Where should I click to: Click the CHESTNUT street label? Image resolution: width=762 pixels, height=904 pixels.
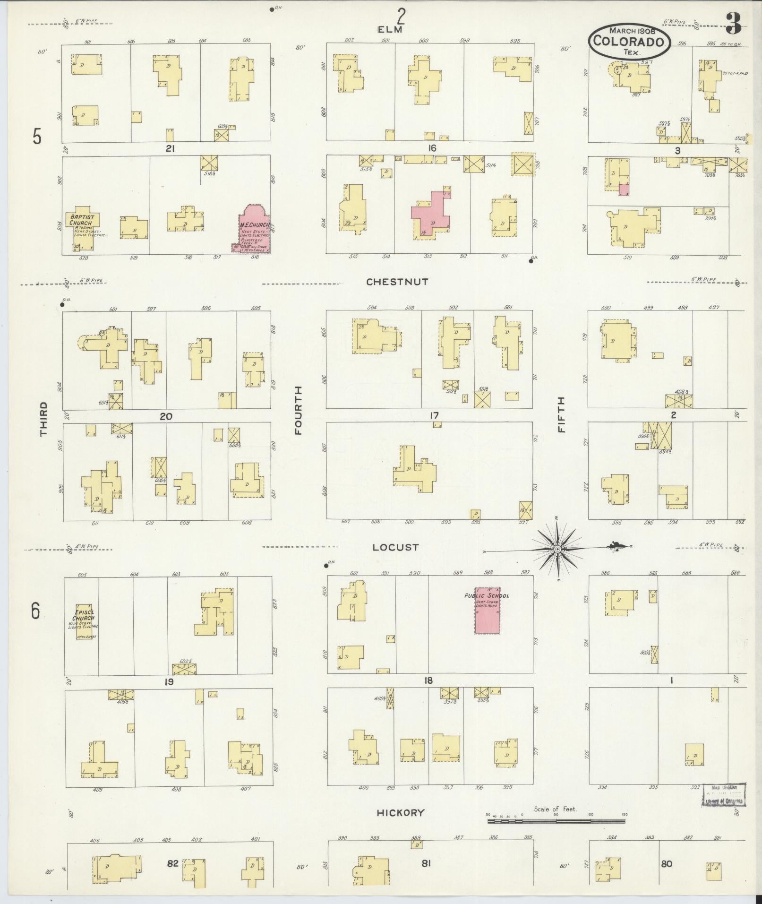coord(397,282)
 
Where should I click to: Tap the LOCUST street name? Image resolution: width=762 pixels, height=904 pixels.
coord(395,547)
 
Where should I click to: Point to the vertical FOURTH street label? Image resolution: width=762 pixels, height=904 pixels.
coord(299,410)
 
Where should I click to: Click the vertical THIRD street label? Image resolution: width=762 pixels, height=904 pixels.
coord(44,419)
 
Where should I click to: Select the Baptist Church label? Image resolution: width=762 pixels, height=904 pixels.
coord(82,219)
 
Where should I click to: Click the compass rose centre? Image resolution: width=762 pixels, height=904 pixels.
coord(557,549)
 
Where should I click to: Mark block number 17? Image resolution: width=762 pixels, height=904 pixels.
coord(434,415)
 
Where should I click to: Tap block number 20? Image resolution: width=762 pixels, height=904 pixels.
coord(166,416)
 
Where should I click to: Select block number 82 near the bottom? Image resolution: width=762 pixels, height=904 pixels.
coord(172,863)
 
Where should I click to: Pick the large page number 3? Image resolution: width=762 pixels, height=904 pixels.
coord(733,24)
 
